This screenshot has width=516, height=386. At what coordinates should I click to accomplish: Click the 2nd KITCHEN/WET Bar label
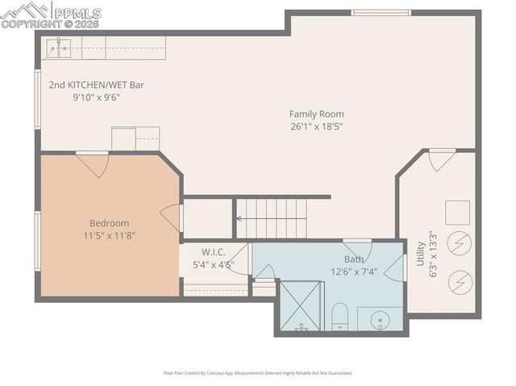[x=96, y=85]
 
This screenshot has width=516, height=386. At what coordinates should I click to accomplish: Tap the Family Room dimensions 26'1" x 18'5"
[x=317, y=127]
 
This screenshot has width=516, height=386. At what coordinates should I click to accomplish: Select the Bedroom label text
[x=109, y=223]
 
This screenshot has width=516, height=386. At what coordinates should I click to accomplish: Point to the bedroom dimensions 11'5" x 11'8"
[x=109, y=236]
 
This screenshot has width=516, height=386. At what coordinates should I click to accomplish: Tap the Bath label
[x=354, y=259]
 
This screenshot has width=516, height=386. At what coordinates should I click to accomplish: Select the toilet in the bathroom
[x=339, y=316]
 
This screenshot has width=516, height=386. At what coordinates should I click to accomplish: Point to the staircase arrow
[x=240, y=218]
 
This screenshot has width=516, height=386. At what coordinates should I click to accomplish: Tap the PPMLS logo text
[x=77, y=12]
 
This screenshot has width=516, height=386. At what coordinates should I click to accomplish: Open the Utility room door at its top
[x=441, y=160]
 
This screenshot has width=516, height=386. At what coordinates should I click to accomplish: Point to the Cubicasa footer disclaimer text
[x=258, y=373]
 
